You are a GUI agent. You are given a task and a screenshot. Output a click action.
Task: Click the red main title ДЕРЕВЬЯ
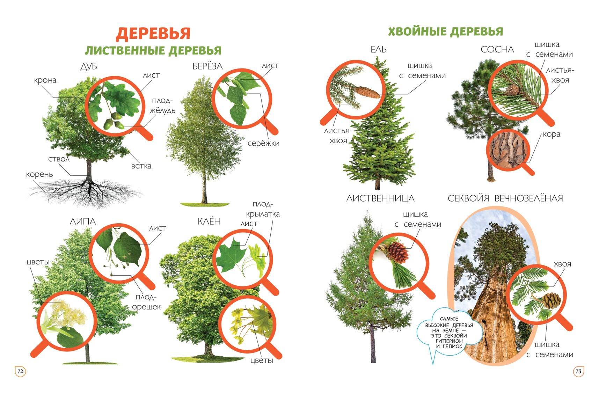pos(153,34)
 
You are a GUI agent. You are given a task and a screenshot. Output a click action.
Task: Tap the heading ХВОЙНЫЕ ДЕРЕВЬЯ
pos(445,31)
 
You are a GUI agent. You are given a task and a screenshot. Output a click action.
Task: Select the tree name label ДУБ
pos(89,66)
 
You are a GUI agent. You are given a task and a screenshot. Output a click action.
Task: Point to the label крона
pos(45,80)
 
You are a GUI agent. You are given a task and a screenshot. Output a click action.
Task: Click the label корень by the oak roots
pos(39,174)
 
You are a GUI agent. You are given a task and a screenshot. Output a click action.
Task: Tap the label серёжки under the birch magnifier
pos(263,143)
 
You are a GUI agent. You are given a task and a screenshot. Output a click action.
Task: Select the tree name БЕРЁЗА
pos(207,66)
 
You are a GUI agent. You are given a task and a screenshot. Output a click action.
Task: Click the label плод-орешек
pos(146,302)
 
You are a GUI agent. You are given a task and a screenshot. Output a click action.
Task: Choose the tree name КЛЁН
pos(209,221)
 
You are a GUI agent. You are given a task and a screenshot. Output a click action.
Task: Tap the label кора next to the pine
pos(551,134)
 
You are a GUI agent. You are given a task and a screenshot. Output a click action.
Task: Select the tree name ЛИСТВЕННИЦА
pos(380,198)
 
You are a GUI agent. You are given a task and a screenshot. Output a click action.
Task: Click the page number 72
pos(20,371)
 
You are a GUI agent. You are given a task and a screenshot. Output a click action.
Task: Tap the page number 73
pos(578,371)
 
